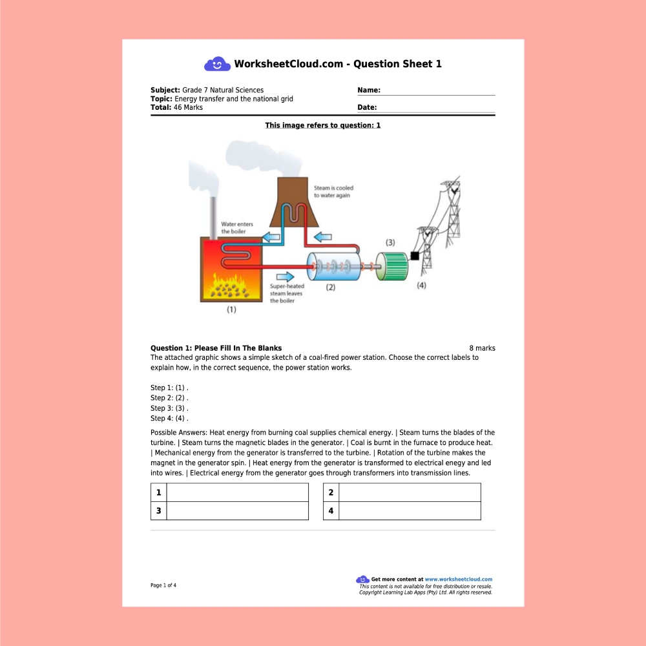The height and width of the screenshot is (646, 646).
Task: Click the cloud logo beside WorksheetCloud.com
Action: (217, 64)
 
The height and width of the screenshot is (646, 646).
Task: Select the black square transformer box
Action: (415, 256)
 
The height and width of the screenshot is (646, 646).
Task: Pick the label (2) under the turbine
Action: (331, 288)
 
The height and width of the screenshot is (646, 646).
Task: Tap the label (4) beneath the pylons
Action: (421, 286)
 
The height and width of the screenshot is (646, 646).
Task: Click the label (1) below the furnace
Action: (231, 309)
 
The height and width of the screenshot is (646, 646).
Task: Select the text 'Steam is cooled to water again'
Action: (333, 191)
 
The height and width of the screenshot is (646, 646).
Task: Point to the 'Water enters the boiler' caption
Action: (237, 227)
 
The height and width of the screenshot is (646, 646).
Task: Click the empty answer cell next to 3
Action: (237, 511)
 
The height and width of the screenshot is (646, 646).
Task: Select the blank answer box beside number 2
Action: (410, 492)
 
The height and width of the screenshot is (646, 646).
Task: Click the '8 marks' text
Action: (482, 348)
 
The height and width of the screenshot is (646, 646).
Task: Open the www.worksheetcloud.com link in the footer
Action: (458, 579)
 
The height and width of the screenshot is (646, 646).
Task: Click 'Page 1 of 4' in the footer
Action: (163, 585)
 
